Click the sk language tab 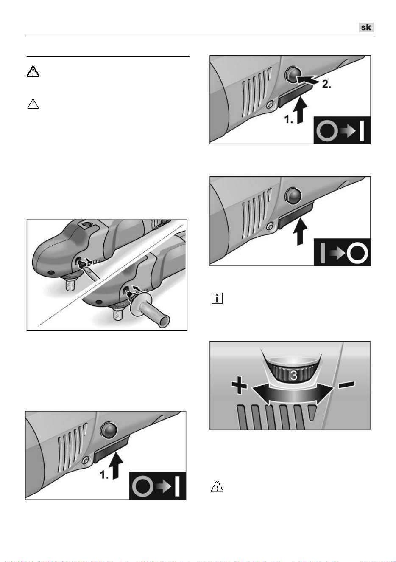coord(366,27)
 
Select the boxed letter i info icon coord(217,298)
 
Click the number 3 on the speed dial coord(293,376)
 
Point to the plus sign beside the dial coord(239,384)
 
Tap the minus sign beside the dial coord(347,384)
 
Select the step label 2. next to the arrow coord(326,85)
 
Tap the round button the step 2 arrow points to coord(292,74)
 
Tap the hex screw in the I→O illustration coord(270,226)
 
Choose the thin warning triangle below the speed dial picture coord(217,486)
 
